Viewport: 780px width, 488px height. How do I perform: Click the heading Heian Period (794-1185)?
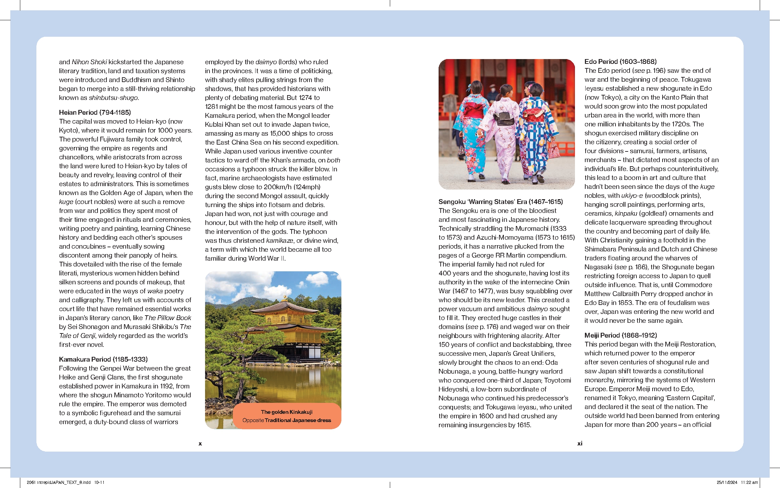(x=95, y=112)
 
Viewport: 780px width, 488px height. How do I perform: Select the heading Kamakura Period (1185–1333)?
(x=103, y=359)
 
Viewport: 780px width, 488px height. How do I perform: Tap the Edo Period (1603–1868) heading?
(x=620, y=61)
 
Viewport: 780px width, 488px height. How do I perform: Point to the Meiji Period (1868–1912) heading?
(x=620, y=335)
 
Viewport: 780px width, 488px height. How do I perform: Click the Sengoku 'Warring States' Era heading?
(x=500, y=202)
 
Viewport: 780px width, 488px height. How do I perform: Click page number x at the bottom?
(x=200, y=443)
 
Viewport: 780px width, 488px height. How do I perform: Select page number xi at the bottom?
(x=580, y=443)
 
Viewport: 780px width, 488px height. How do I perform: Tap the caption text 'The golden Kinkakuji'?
(x=286, y=412)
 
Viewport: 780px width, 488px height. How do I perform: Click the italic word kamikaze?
(x=279, y=240)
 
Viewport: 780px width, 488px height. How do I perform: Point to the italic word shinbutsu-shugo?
(x=113, y=98)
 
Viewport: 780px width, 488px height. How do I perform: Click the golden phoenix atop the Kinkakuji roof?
(x=285, y=297)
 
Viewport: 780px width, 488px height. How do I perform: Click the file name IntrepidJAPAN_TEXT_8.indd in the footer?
(x=64, y=482)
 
